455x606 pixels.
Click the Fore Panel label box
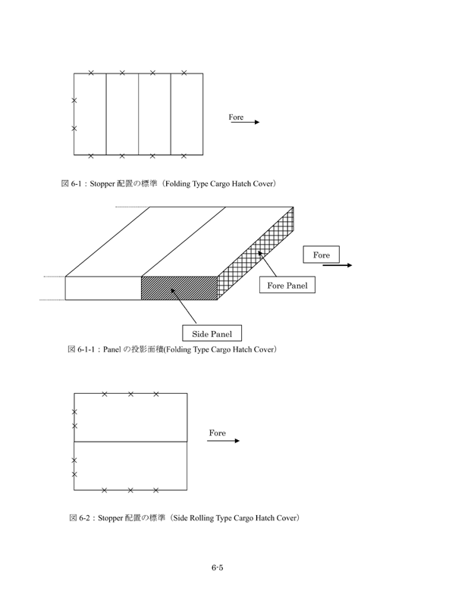tap(287, 286)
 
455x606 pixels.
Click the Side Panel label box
tap(212, 333)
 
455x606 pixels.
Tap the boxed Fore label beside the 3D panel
tap(321, 255)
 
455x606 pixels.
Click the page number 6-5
tap(216, 568)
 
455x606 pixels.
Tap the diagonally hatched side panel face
tap(179, 288)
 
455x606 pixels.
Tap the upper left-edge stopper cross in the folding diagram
tap(74, 100)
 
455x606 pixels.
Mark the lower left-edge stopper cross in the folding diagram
tap(74, 129)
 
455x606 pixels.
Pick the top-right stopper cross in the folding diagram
tap(184, 73)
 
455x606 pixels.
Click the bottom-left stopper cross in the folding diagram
tap(91, 156)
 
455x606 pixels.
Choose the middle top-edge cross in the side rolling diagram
tap(130, 394)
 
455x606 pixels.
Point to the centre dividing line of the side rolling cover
tap(130, 441)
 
